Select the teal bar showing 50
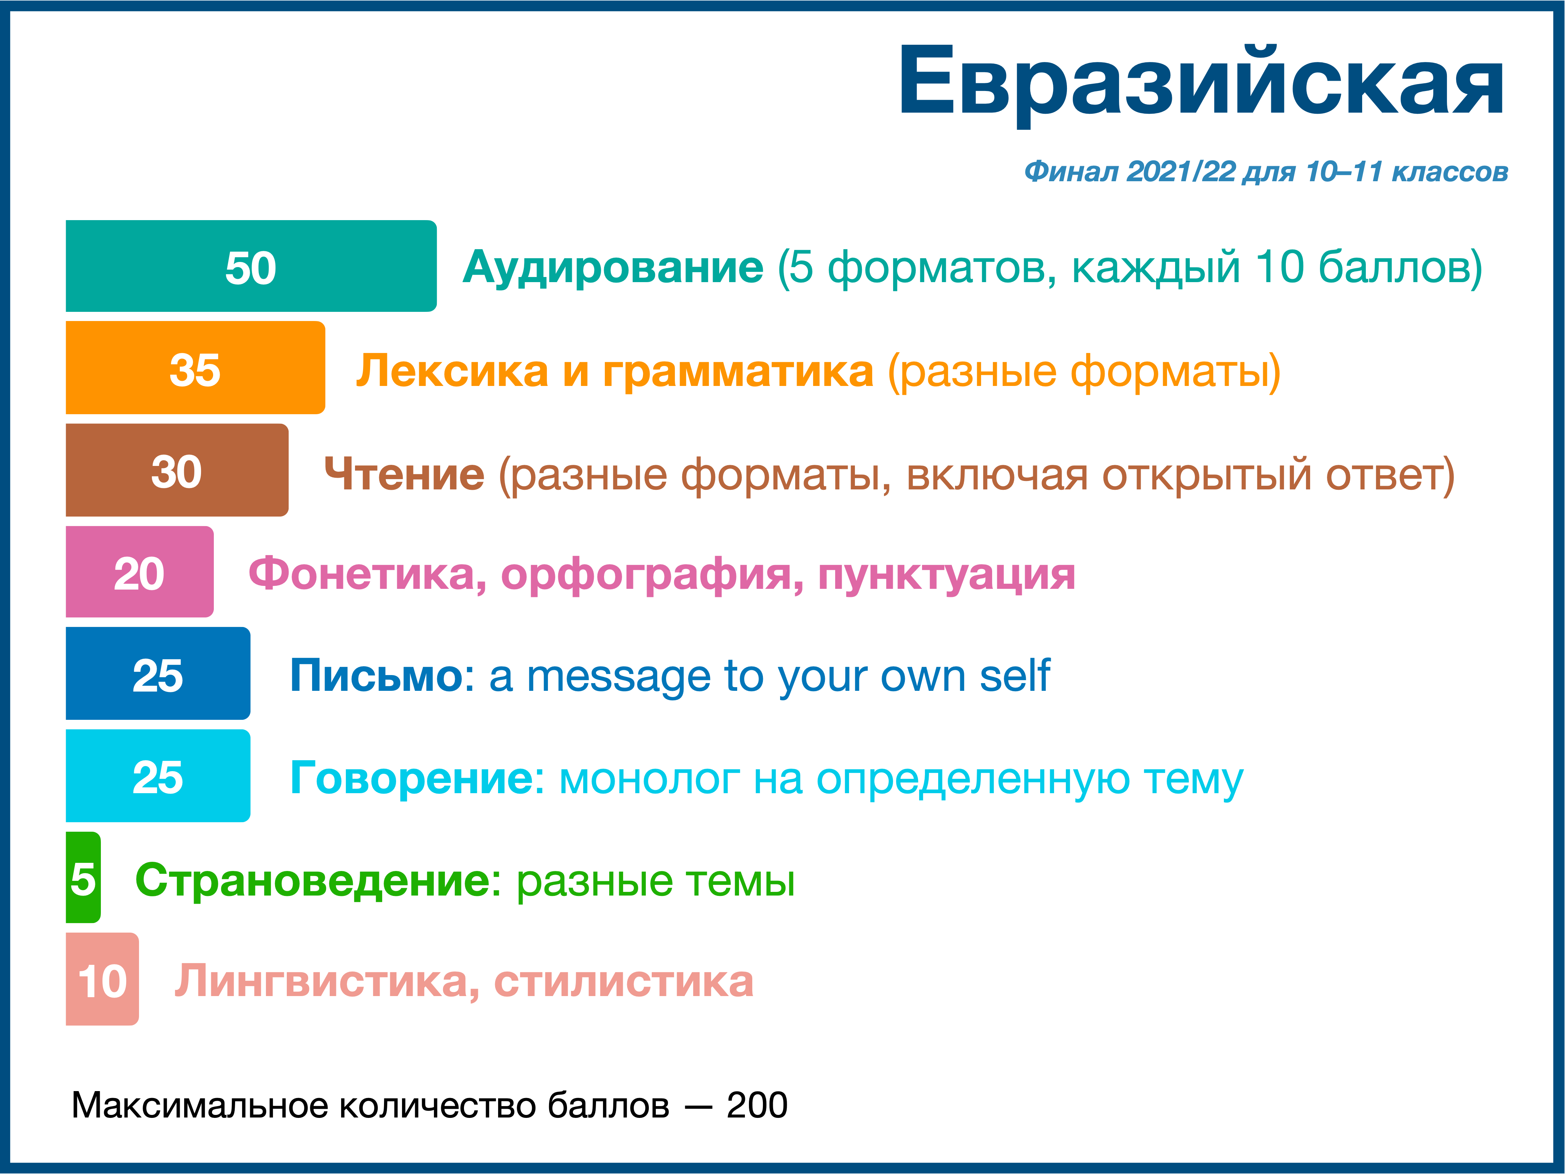click(x=251, y=266)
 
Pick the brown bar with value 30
click(x=177, y=470)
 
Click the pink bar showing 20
click(x=139, y=572)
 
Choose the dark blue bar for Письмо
click(x=158, y=674)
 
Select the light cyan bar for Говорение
click(x=158, y=776)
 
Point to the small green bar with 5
click(x=83, y=878)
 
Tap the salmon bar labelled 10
click(x=102, y=980)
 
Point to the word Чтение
click(x=404, y=474)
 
